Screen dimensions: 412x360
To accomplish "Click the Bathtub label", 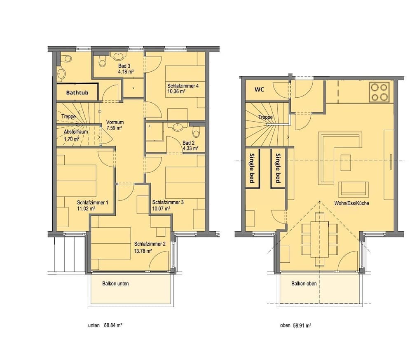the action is [77, 92].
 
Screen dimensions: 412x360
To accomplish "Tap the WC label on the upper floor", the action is [259, 89].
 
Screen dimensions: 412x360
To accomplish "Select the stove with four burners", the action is [379, 92].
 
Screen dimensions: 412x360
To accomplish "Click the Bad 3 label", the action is [124, 66].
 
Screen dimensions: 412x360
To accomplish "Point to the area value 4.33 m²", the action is [190, 148].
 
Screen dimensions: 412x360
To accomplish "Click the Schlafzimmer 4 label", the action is [183, 86].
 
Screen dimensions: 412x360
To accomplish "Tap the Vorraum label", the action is [115, 122].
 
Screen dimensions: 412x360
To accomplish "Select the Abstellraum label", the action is [76, 132].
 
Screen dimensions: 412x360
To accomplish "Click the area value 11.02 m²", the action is [86, 209].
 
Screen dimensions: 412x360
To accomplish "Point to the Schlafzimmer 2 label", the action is [150, 244].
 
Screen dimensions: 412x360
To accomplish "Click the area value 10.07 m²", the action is [161, 209].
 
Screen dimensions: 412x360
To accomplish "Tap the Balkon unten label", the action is [116, 283].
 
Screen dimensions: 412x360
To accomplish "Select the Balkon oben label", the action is [304, 283].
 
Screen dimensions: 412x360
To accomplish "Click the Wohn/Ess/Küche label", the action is [351, 203].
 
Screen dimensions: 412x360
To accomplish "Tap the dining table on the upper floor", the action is [320, 240].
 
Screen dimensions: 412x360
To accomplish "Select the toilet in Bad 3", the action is [103, 61].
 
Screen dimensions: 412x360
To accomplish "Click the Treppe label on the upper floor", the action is [265, 117].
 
